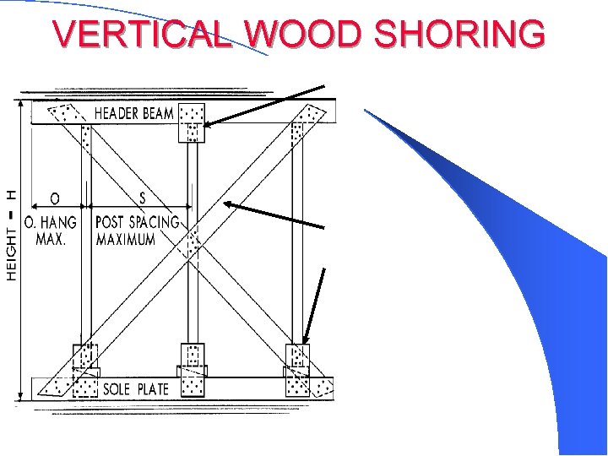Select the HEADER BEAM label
[134, 113]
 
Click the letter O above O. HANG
[54, 198]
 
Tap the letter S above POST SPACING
[141, 198]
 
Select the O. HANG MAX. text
[51, 231]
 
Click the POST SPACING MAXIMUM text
[137, 231]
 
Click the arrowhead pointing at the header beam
[207, 124]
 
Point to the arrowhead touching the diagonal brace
[227, 204]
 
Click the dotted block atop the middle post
[192, 123]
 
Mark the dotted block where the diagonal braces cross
[193, 243]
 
